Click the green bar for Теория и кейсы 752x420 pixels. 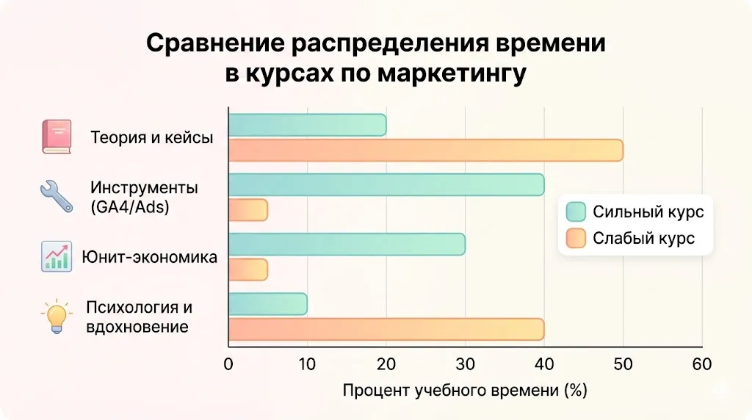click(307, 126)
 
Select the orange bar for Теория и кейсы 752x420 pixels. click(425, 151)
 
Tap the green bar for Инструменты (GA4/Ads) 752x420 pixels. click(386, 185)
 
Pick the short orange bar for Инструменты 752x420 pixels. click(248, 210)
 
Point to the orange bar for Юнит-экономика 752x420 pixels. click(248, 269)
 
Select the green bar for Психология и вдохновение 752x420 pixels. click(268, 304)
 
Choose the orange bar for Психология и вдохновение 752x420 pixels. click(386, 329)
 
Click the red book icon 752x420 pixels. click(57, 137)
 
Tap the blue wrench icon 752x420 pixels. click(56, 196)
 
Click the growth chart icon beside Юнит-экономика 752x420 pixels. click(57, 257)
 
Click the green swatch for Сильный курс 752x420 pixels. click(576, 212)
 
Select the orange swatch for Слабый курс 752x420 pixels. click(576, 239)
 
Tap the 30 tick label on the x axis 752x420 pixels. click(465, 364)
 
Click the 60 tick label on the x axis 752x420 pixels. click(702, 364)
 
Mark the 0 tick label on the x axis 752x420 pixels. click(228, 364)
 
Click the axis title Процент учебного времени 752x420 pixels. click(465, 391)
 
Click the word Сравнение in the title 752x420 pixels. click(214, 43)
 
